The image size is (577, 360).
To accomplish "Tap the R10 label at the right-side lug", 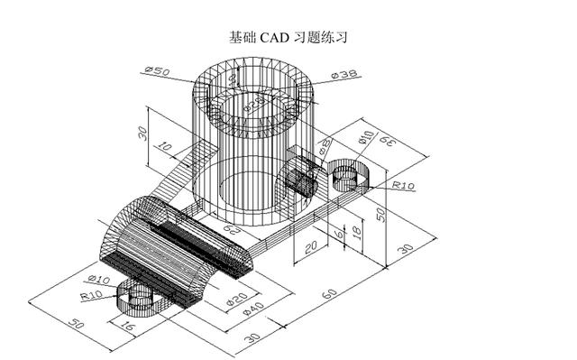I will pyautogui.click(x=403, y=186).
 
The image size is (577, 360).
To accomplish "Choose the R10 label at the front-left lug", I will pyautogui.click(x=92, y=294).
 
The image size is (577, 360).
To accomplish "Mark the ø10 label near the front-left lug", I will pyautogui.click(x=98, y=279).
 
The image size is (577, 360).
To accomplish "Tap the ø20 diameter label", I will pyautogui.click(x=236, y=300).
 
